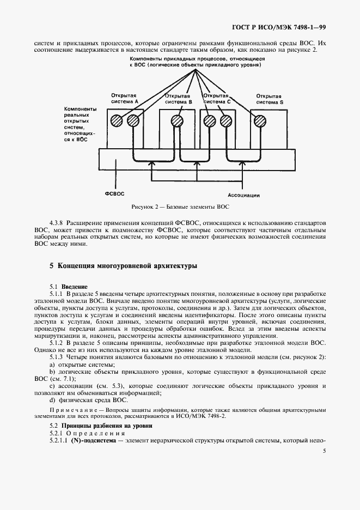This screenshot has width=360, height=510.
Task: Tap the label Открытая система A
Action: click(125, 98)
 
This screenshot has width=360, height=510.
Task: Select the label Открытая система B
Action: click(179, 98)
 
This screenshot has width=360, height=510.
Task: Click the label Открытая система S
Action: click(270, 98)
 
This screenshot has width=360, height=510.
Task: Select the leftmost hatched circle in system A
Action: click(115, 121)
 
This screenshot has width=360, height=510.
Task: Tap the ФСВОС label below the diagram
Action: click(115, 193)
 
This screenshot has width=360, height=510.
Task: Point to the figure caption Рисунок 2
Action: click(180, 208)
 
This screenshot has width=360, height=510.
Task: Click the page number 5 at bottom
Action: click(324, 451)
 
